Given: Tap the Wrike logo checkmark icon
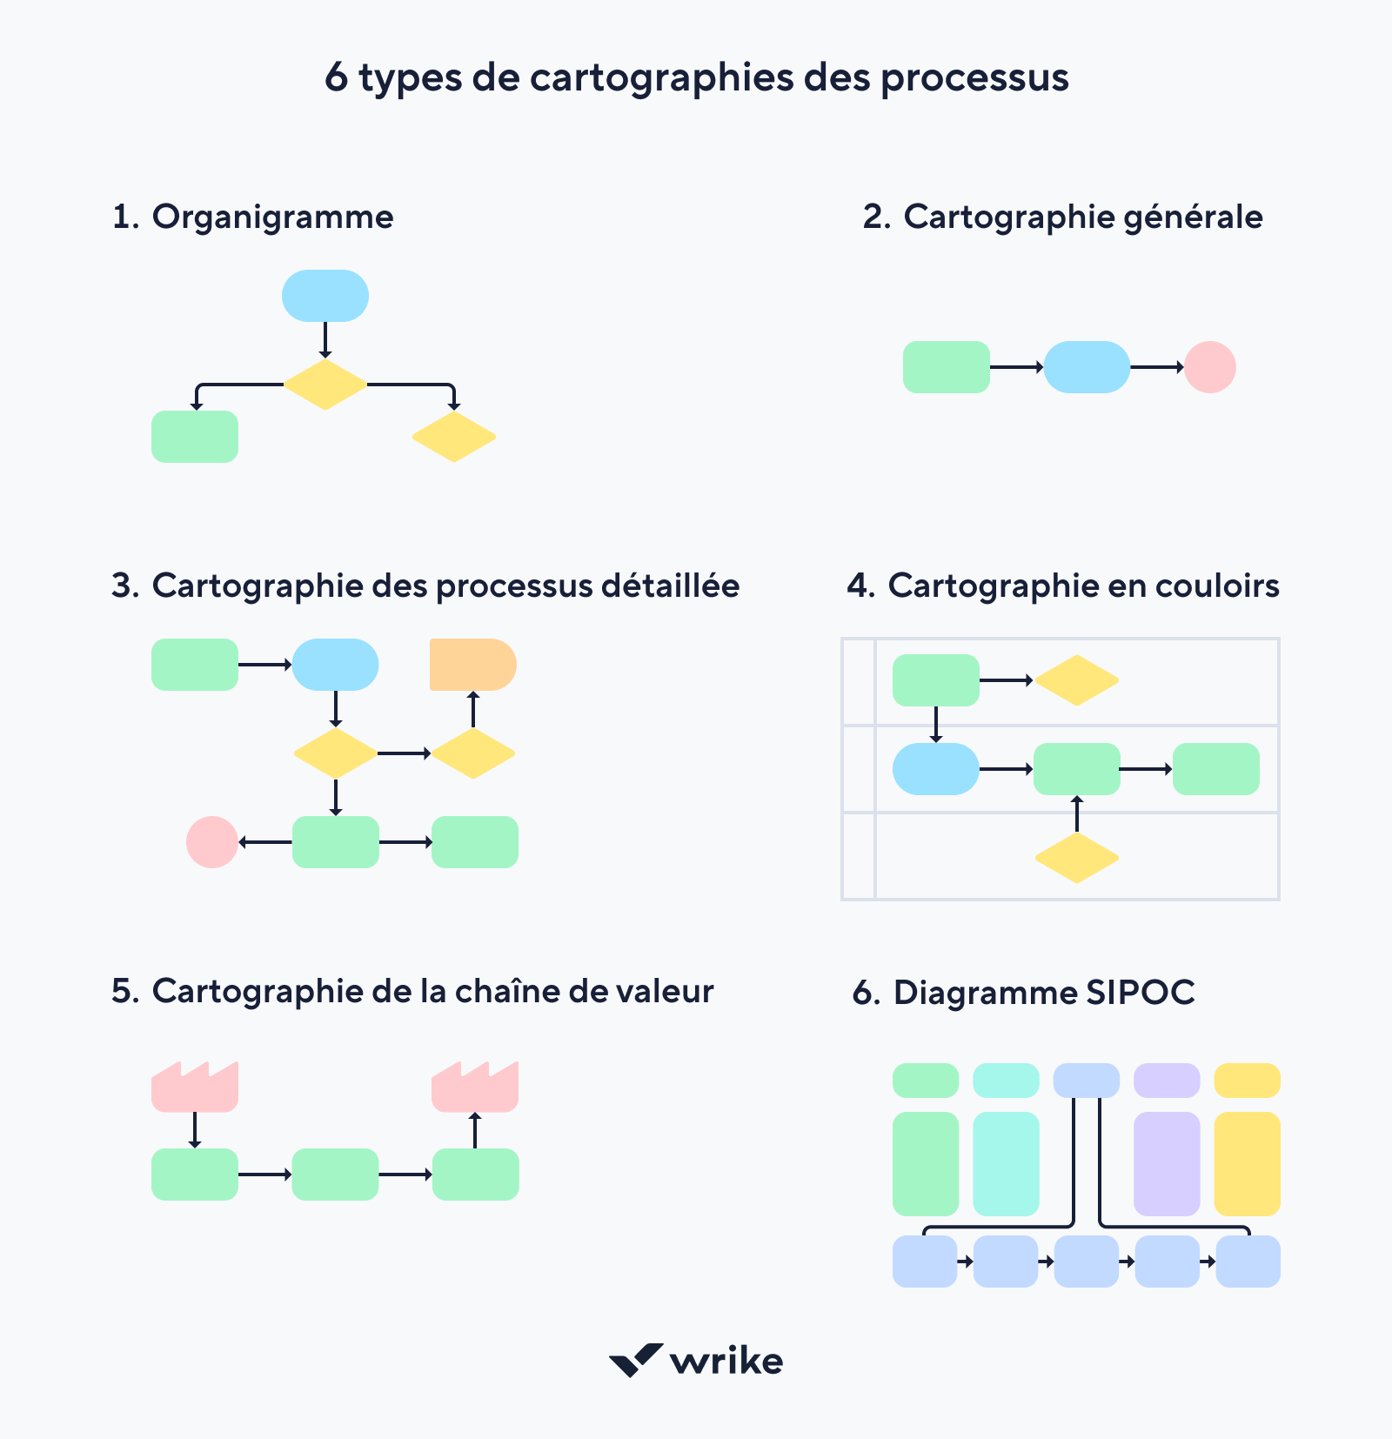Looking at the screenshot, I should [x=635, y=1360].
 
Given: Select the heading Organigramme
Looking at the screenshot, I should [x=272, y=217].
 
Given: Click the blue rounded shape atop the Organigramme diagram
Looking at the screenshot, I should [x=325, y=296].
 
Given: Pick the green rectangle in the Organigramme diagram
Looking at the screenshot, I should [x=195, y=437].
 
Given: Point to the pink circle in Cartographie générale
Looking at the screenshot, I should [x=1209, y=367].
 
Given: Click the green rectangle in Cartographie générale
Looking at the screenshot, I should [x=946, y=367].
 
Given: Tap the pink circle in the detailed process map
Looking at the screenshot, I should [x=212, y=842].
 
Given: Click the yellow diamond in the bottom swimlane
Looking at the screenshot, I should [x=1076, y=858].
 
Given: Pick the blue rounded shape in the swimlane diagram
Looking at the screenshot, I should [x=936, y=769].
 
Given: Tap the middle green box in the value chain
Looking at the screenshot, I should [x=335, y=1175].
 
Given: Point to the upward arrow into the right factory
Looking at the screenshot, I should [x=474, y=1130].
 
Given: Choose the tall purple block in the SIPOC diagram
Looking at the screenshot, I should [x=1167, y=1163].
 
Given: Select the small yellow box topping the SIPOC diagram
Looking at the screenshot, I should [x=1247, y=1081].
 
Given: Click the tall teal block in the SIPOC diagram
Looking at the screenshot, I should [x=1006, y=1163].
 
